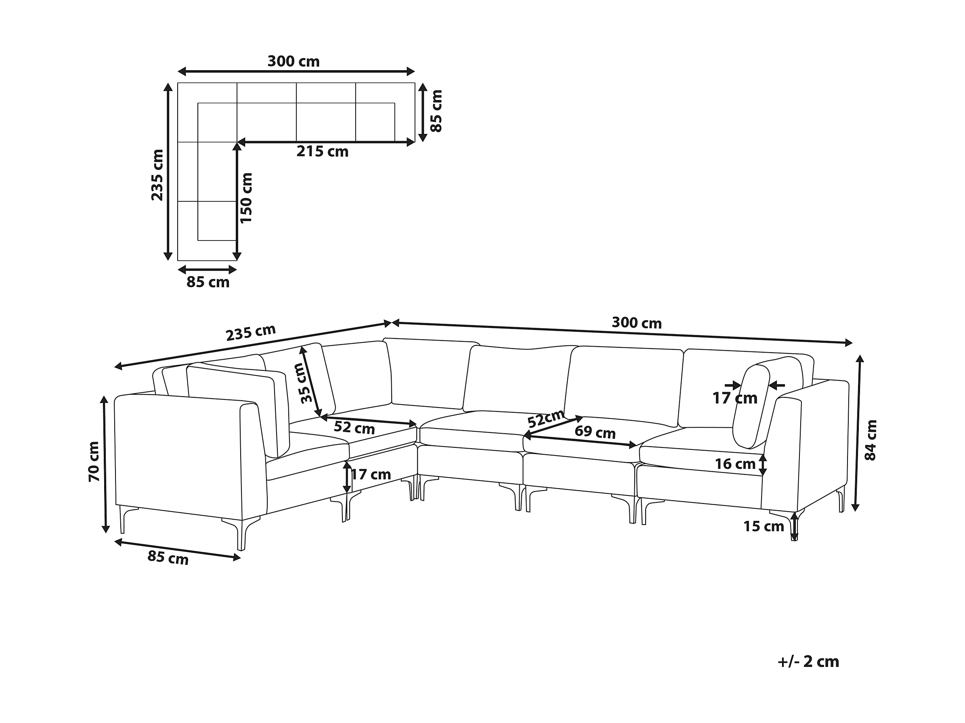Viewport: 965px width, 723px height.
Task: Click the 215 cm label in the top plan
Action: coord(322,152)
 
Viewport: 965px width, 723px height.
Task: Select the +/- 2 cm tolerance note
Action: coord(808,662)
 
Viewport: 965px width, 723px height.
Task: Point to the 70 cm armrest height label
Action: coord(94,462)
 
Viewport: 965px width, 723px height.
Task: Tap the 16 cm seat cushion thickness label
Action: coord(735,464)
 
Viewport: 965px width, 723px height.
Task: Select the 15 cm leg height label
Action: coord(764,527)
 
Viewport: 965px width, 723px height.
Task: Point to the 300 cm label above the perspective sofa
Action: coord(636,323)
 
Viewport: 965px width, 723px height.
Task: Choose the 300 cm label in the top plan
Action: coord(294,61)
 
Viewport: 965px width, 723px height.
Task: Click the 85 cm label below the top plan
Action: coord(208,282)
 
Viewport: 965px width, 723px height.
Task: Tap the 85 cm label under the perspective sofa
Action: coord(168,558)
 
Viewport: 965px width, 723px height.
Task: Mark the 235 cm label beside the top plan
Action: coord(157,175)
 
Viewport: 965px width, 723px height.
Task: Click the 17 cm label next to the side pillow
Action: coord(735,398)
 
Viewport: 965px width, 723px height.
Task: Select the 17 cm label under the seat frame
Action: coord(371,474)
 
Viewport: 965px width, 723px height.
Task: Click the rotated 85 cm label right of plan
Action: coord(436,111)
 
